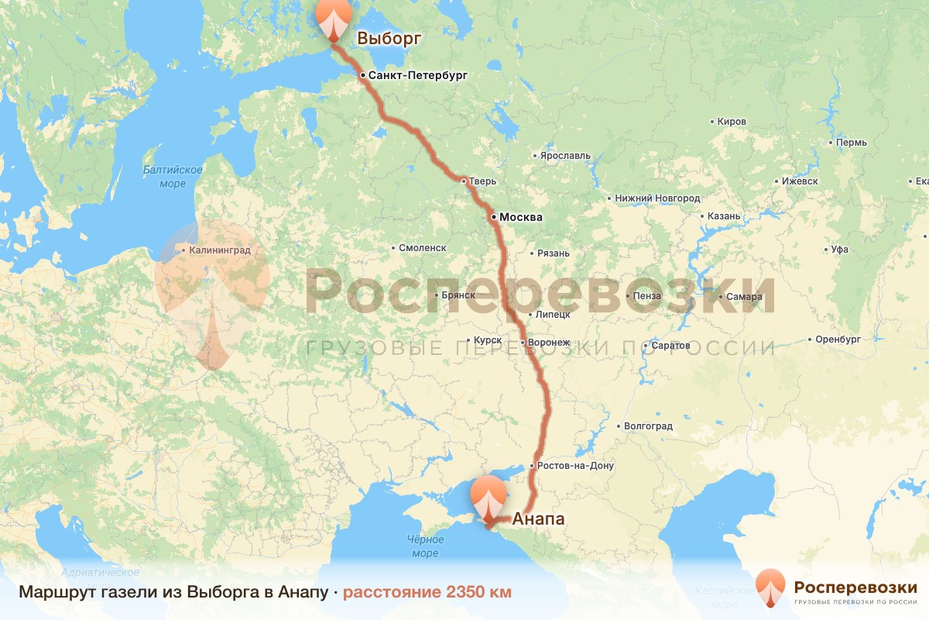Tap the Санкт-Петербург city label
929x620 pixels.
click(418, 76)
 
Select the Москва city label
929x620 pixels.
click(520, 218)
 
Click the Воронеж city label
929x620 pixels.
click(550, 342)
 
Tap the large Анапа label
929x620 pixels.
click(539, 519)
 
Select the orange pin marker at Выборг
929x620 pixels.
click(334, 19)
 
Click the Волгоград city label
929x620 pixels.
click(648, 426)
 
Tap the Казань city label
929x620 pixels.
click(725, 216)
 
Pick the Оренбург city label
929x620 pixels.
click(838, 339)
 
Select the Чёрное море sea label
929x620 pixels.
click(425, 546)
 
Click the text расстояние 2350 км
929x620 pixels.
click(427, 593)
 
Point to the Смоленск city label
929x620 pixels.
click(423, 248)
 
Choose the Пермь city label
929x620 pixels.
click(852, 143)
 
